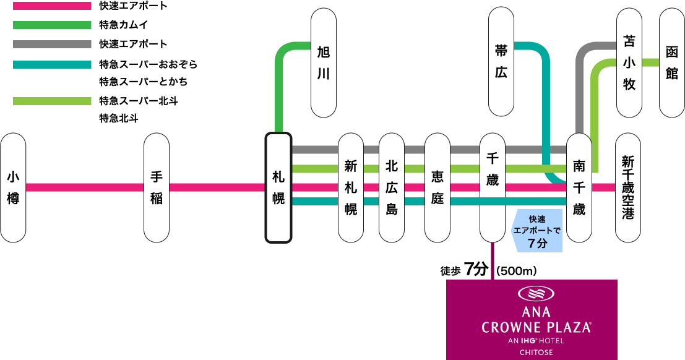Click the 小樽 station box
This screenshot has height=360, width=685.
click(x=13, y=187)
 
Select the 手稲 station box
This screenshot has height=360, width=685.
click(x=157, y=187)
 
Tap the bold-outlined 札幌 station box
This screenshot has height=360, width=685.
click(x=278, y=187)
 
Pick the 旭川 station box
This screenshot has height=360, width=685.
click(x=324, y=62)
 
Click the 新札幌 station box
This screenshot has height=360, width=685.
click(x=351, y=187)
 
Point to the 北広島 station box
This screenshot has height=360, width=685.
click(x=392, y=187)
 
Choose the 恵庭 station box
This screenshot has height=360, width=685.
click(x=437, y=187)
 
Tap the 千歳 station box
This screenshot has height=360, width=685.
click(x=493, y=187)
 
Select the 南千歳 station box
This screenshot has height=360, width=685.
click(x=579, y=187)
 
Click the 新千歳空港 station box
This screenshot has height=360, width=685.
click(x=628, y=187)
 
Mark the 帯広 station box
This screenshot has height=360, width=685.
click(x=501, y=62)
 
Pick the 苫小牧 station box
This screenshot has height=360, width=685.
click(x=629, y=62)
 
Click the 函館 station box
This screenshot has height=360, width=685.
click(x=672, y=62)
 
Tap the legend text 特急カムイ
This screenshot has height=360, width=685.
click(x=123, y=25)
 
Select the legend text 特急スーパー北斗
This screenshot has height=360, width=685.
click(x=139, y=101)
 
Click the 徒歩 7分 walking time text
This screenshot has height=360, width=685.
click(x=464, y=270)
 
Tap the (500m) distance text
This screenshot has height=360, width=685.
click(x=515, y=271)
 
